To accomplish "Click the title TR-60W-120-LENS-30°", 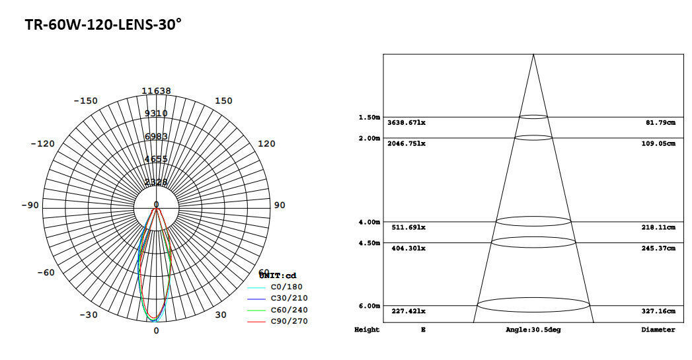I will [x=103, y=25].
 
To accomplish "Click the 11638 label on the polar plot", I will [x=156, y=91].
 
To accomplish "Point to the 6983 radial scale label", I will [x=156, y=136].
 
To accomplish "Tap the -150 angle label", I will [x=85, y=101].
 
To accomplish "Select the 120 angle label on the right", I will [x=266, y=144].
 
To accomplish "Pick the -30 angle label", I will [x=89, y=315].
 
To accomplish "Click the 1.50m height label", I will [x=369, y=117].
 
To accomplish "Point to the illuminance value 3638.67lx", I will [x=406, y=123].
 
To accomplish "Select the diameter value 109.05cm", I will [x=660, y=143].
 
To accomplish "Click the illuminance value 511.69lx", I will [x=408, y=227].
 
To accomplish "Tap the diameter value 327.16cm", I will [x=660, y=311].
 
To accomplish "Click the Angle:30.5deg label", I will [x=533, y=330].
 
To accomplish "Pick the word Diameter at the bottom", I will [x=658, y=330].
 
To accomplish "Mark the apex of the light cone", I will [x=533, y=55].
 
